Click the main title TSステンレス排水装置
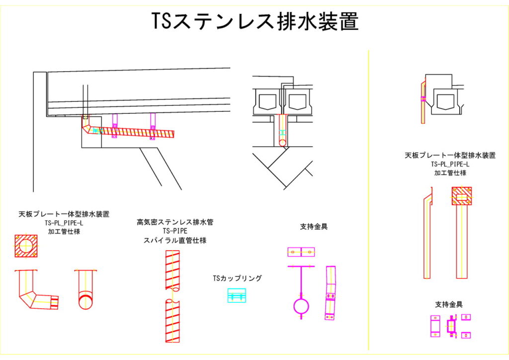tap(254, 22)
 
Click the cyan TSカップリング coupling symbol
tap(237, 295)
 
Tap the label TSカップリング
tap(237, 278)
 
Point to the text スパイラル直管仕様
tap(175, 240)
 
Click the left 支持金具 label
tap(314, 227)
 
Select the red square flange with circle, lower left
tap(26, 245)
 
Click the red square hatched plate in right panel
tap(462, 196)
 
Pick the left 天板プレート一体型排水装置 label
tap(64, 214)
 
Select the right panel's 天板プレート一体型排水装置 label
tap(450, 156)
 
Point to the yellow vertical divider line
tap(368, 199)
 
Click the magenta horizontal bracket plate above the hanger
tap(301, 252)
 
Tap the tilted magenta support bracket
tap(330, 293)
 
